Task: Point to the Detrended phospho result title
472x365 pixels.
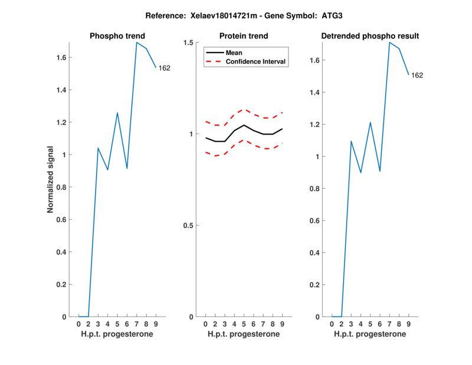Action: point(370,36)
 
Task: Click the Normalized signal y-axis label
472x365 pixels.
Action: point(51,180)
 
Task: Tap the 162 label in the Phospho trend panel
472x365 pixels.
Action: point(165,68)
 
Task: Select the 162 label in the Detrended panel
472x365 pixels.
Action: point(417,75)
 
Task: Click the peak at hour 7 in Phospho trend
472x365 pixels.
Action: point(137,43)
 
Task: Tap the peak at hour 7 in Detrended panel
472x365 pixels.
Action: point(389,43)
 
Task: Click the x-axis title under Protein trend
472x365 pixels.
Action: point(244,334)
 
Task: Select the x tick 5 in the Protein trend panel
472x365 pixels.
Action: point(244,324)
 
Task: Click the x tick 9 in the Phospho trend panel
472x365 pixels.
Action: point(156,324)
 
